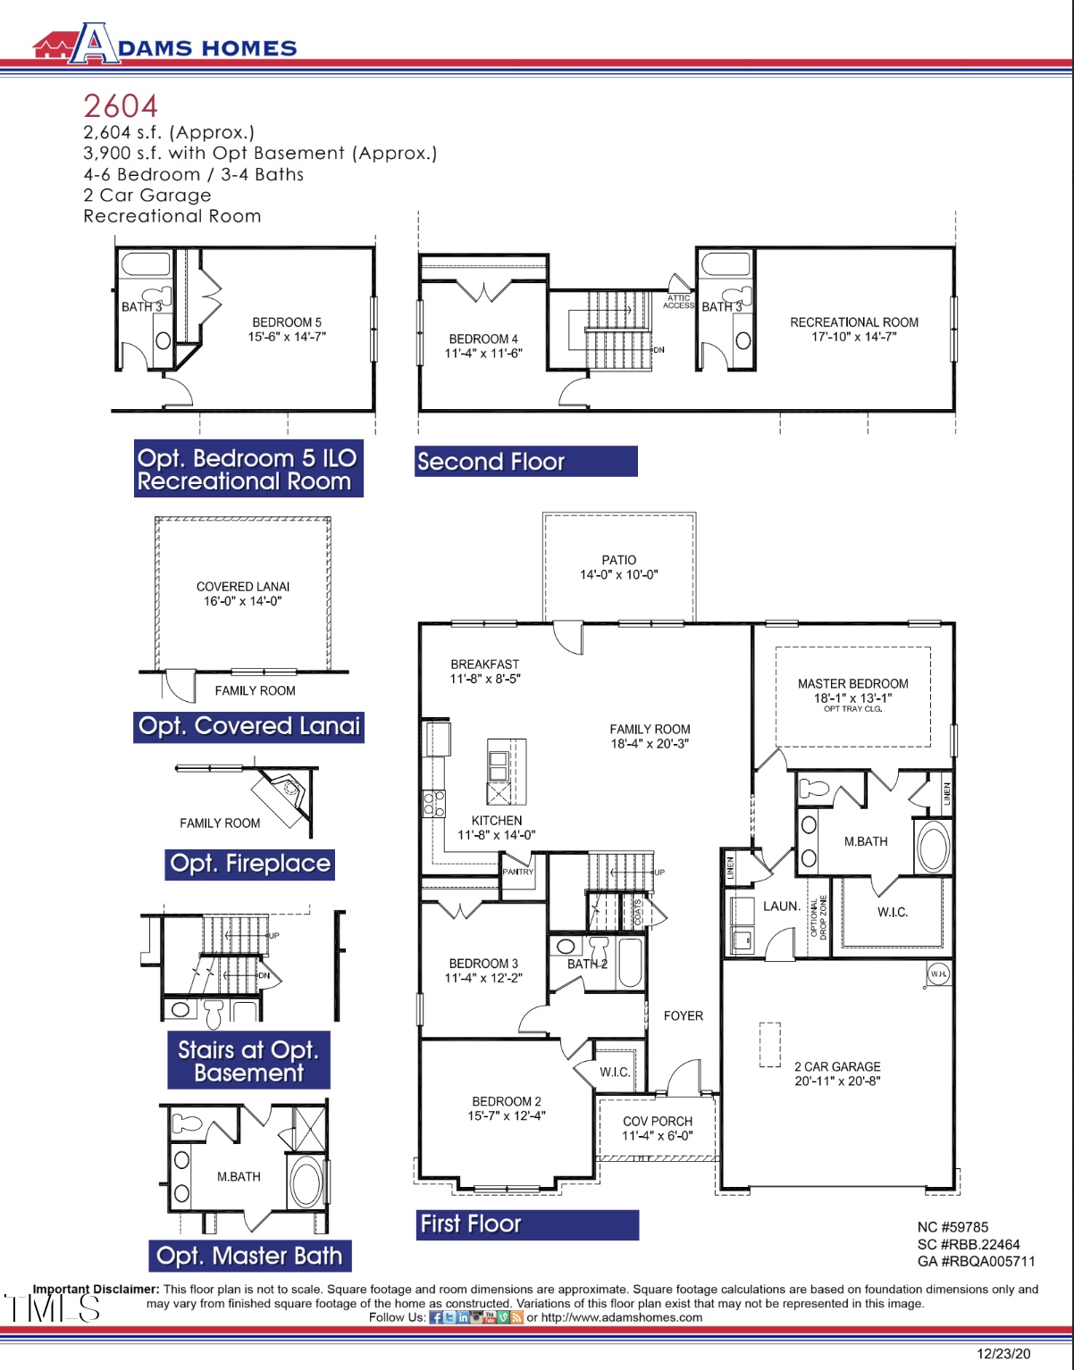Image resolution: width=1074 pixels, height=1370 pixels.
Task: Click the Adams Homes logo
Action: (164, 45)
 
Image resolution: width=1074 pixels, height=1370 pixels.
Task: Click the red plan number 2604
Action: (121, 106)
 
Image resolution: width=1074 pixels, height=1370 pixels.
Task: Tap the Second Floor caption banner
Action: (525, 462)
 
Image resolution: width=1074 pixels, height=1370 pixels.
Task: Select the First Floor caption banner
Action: (527, 1224)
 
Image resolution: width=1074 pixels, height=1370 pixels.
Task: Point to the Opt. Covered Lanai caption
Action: (249, 727)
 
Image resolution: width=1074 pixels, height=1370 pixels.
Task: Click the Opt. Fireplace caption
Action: (250, 865)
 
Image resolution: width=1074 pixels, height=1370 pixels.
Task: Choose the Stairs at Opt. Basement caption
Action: (248, 1061)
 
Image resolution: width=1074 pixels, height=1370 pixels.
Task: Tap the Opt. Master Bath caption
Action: (249, 1257)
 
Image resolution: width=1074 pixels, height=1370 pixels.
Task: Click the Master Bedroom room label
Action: (852, 683)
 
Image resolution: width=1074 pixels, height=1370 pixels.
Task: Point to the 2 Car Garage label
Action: (837, 1066)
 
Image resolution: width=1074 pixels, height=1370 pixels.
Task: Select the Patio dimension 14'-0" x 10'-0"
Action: (618, 575)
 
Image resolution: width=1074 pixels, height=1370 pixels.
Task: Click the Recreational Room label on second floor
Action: (853, 322)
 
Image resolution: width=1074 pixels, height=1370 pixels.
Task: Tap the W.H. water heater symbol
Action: (938, 974)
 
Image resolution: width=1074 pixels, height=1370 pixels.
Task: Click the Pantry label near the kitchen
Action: (517, 872)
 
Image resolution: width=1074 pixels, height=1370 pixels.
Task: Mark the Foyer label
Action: (683, 1016)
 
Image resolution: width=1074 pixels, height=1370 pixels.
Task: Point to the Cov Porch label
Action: (658, 1122)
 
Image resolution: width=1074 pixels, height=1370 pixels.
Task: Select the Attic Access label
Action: (678, 302)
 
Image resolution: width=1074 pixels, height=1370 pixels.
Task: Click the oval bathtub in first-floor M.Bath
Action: (933, 847)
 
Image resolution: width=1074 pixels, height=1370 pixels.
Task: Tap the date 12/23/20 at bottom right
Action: (1003, 1354)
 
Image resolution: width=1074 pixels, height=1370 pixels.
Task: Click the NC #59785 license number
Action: (952, 1228)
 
